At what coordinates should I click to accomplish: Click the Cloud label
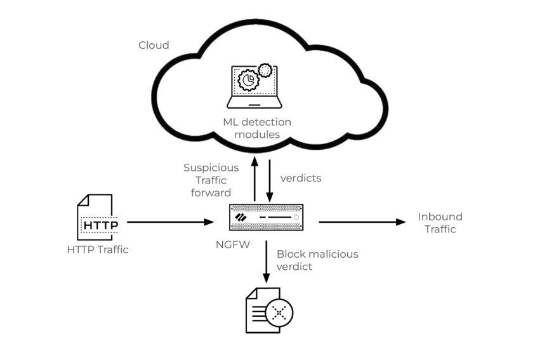pos(154,45)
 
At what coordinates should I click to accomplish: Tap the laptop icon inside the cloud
pos(255,87)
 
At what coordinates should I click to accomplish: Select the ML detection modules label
pos(256,128)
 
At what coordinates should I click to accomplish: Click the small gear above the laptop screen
pos(265,69)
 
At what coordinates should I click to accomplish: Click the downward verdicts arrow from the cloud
pos(270,179)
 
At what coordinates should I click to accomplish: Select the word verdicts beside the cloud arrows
pos(301,178)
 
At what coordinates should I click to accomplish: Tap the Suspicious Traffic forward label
pos(211,180)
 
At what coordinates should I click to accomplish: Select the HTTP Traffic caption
pos(98,250)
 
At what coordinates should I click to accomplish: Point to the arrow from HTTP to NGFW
pos(170,222)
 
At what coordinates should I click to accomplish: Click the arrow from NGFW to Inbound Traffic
pos(361,222)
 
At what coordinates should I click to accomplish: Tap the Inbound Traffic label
pos(440,223)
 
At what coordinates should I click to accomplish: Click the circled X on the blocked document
pos(279,312)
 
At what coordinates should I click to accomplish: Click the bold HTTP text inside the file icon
pos(101,225)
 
